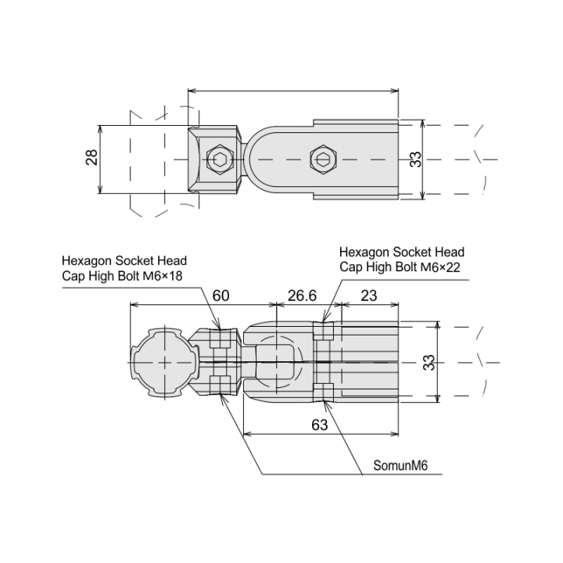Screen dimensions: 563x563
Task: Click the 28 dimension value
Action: click(92, 157)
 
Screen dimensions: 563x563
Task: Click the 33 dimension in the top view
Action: click(415, 160)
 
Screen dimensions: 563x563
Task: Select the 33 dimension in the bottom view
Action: click(429, 363)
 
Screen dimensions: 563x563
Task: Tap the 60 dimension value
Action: click(221, 296)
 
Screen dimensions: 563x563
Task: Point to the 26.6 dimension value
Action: click(302, 296)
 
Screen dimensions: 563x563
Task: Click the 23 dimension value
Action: click(369, 296)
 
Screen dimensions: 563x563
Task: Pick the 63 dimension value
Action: click(319, 425)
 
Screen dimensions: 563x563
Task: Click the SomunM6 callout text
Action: click(400, 466)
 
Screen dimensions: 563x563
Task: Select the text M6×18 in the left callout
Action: click(163, 276)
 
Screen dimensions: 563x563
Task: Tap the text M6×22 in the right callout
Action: click(440, 267)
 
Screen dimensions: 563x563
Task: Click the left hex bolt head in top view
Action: click(220, 159)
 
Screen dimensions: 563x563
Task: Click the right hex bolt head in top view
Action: click(323, 160)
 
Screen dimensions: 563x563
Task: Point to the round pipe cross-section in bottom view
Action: click(164, 363)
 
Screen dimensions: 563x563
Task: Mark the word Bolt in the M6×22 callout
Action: click(407, 267)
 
